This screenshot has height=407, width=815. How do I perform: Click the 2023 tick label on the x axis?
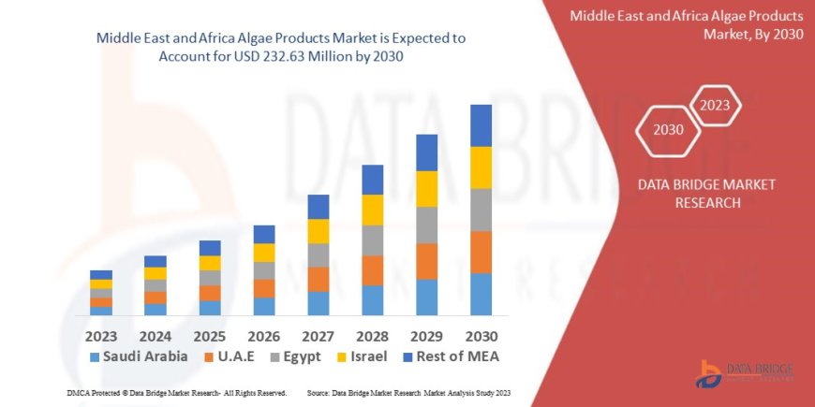(x=101, y=335)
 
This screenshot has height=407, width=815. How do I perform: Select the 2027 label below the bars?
(x=319, y=335)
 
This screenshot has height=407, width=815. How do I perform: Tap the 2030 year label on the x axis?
(x=481, y=335)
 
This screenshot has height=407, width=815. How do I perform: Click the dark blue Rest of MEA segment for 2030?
(x=481, y=125)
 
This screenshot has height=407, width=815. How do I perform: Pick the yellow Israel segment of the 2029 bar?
(x=426, y=189)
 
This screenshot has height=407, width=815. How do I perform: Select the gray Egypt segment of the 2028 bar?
(x=372, y=240)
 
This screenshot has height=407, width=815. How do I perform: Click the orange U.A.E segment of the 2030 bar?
(x=481, y=252)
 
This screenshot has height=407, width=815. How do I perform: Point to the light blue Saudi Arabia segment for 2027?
(x=319, y=303)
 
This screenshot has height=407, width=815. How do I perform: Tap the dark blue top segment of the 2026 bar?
(x=264, y=234)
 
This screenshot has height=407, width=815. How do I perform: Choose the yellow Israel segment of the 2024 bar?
(x=156, y=273)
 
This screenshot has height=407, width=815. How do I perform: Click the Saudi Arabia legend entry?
(x=139, y=356)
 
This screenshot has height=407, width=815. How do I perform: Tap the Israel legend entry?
(x=362, y=356)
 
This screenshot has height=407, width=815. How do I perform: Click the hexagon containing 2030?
(x=668, y=129)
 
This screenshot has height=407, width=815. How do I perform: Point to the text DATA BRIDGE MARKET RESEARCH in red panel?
(x=706, y=193)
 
